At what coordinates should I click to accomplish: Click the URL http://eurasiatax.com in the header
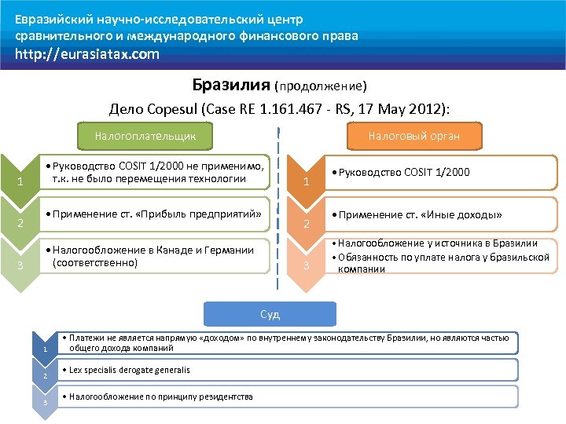point(86,54)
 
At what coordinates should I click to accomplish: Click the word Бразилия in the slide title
point(231,85)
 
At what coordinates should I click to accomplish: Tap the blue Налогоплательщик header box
point(145,136)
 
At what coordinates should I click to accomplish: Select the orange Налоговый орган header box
point(414,136)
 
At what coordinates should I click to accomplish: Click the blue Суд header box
point(270,314)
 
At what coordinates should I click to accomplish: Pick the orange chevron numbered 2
point(307,225)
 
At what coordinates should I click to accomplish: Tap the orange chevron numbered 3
point(307,267)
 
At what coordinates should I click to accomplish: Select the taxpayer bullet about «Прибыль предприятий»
point(154,214)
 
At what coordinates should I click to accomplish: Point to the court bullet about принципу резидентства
point(161,397)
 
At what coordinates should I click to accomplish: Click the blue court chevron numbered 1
point(46,346)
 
